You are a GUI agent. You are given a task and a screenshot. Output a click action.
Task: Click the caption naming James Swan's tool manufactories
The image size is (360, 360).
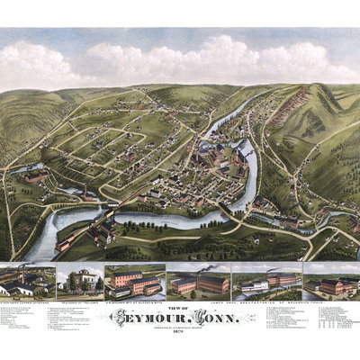pyautogui.click(x=261, y=302)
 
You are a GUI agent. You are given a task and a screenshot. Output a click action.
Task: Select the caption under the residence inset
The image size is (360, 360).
pyautogui.click(x=79, y=302)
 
